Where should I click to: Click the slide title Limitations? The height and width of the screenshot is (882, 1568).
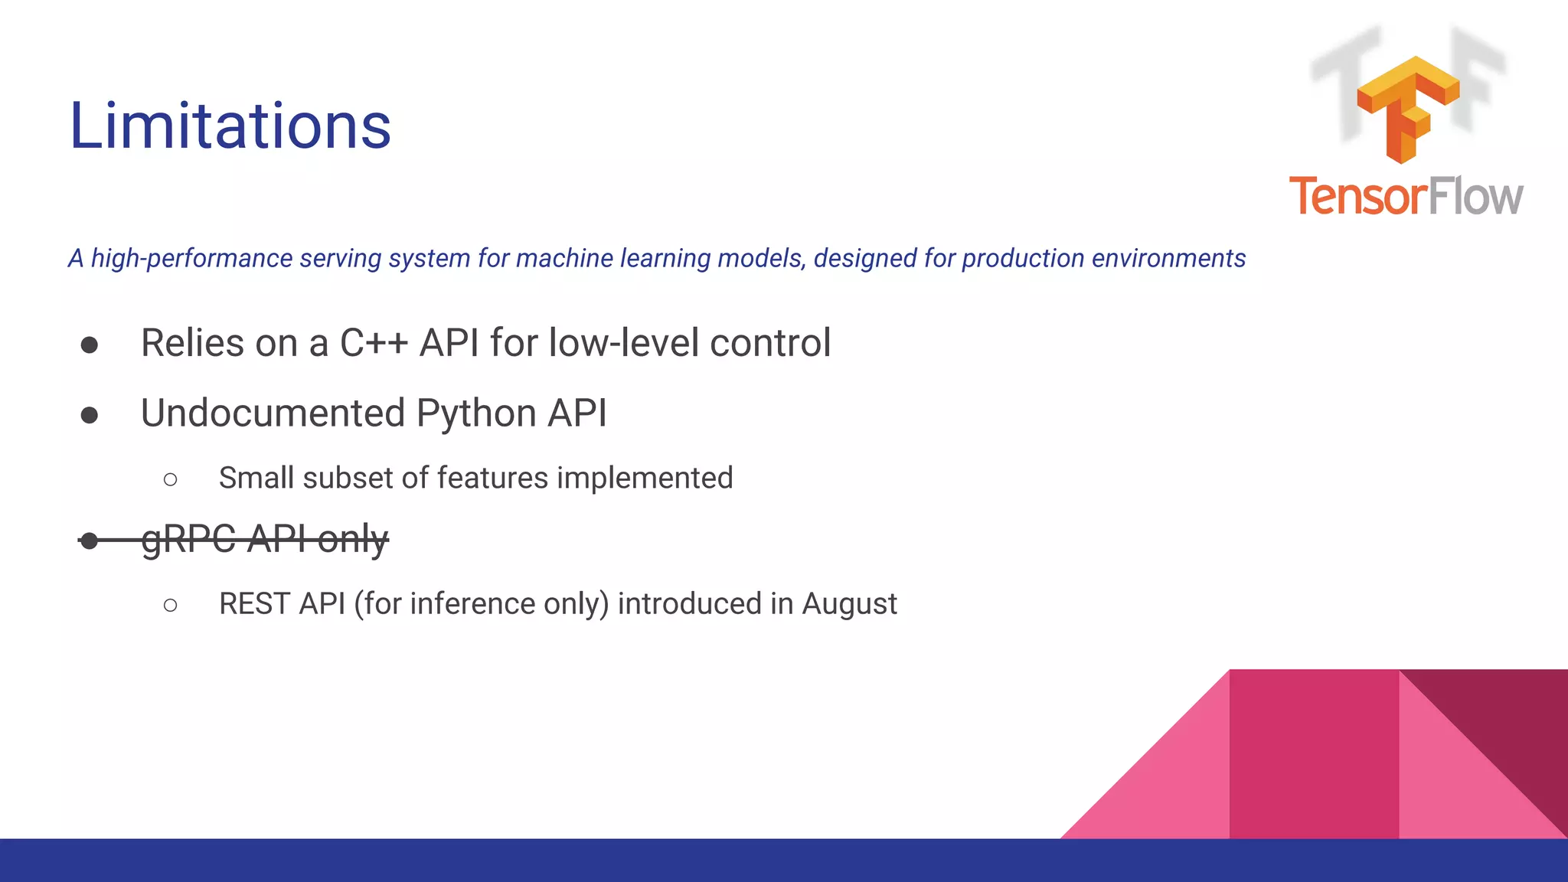click(x=230, y=126)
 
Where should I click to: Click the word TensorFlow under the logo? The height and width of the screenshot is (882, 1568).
click(x=1406, y=197)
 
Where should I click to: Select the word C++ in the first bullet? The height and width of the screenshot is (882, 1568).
click(x=374, y=343)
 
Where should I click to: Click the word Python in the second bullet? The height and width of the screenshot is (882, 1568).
click(x=476, y=413)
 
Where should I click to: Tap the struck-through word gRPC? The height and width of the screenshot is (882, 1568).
click(x=188, y=539)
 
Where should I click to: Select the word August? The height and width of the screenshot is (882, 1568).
click(x=849, y=604)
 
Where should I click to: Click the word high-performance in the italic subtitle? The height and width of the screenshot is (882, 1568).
click(x=191, y=259)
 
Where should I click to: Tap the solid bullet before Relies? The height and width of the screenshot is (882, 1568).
click(x=90, y=345)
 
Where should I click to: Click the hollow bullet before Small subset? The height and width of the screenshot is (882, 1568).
click(x=170, y=480)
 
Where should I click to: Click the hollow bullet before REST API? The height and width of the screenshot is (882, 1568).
click(x=170, y=606)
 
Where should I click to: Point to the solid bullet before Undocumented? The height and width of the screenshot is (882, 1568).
click(x=90, y=416)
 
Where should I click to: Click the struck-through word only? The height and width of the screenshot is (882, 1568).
click(x=352, y=539)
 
